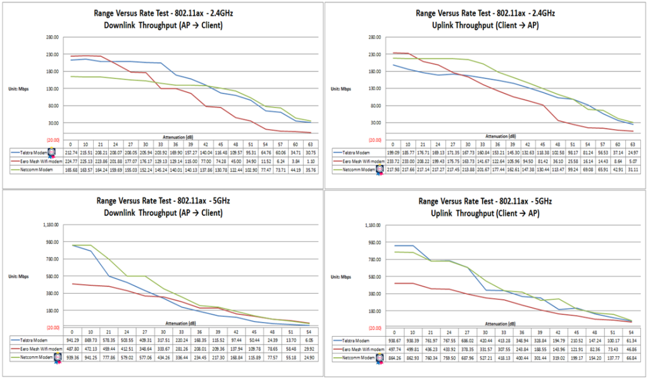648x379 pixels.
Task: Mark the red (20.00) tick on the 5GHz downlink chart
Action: pyautogui.click(x=51, y=327)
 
